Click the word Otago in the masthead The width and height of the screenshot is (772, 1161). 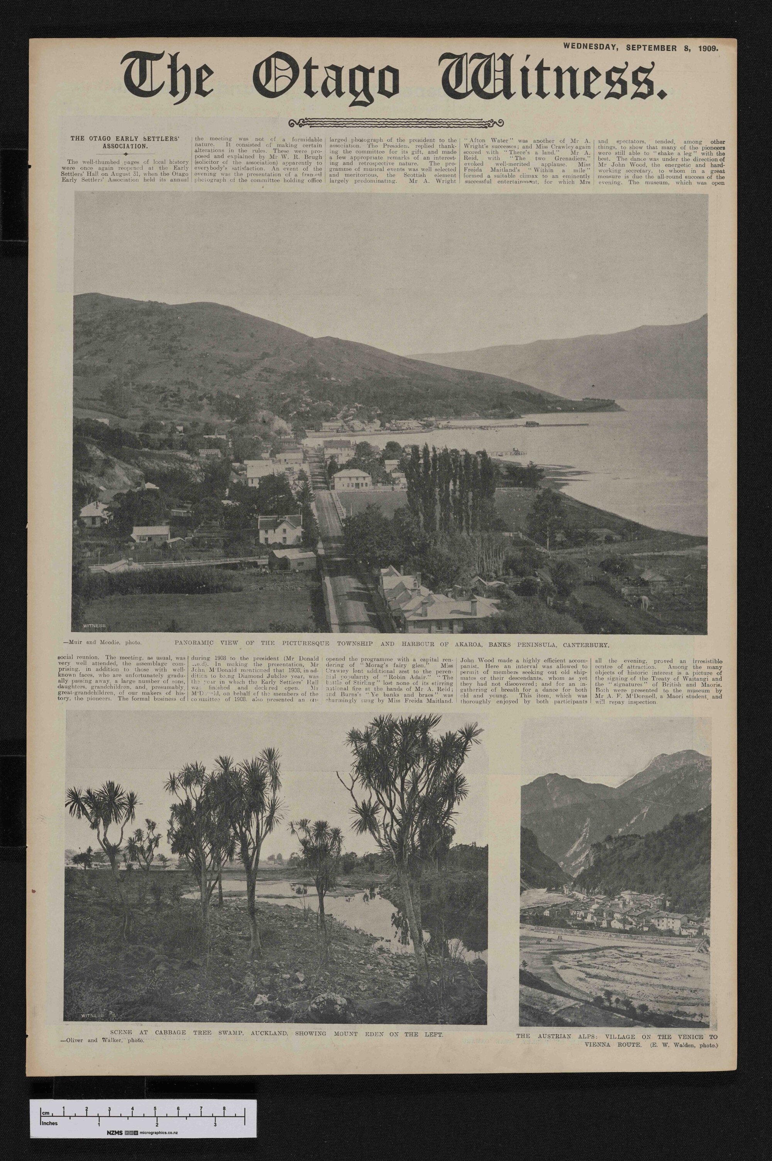[325, 79]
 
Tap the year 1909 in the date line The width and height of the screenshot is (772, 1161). [708, 48]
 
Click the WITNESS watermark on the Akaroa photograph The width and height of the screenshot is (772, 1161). [95, 626]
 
